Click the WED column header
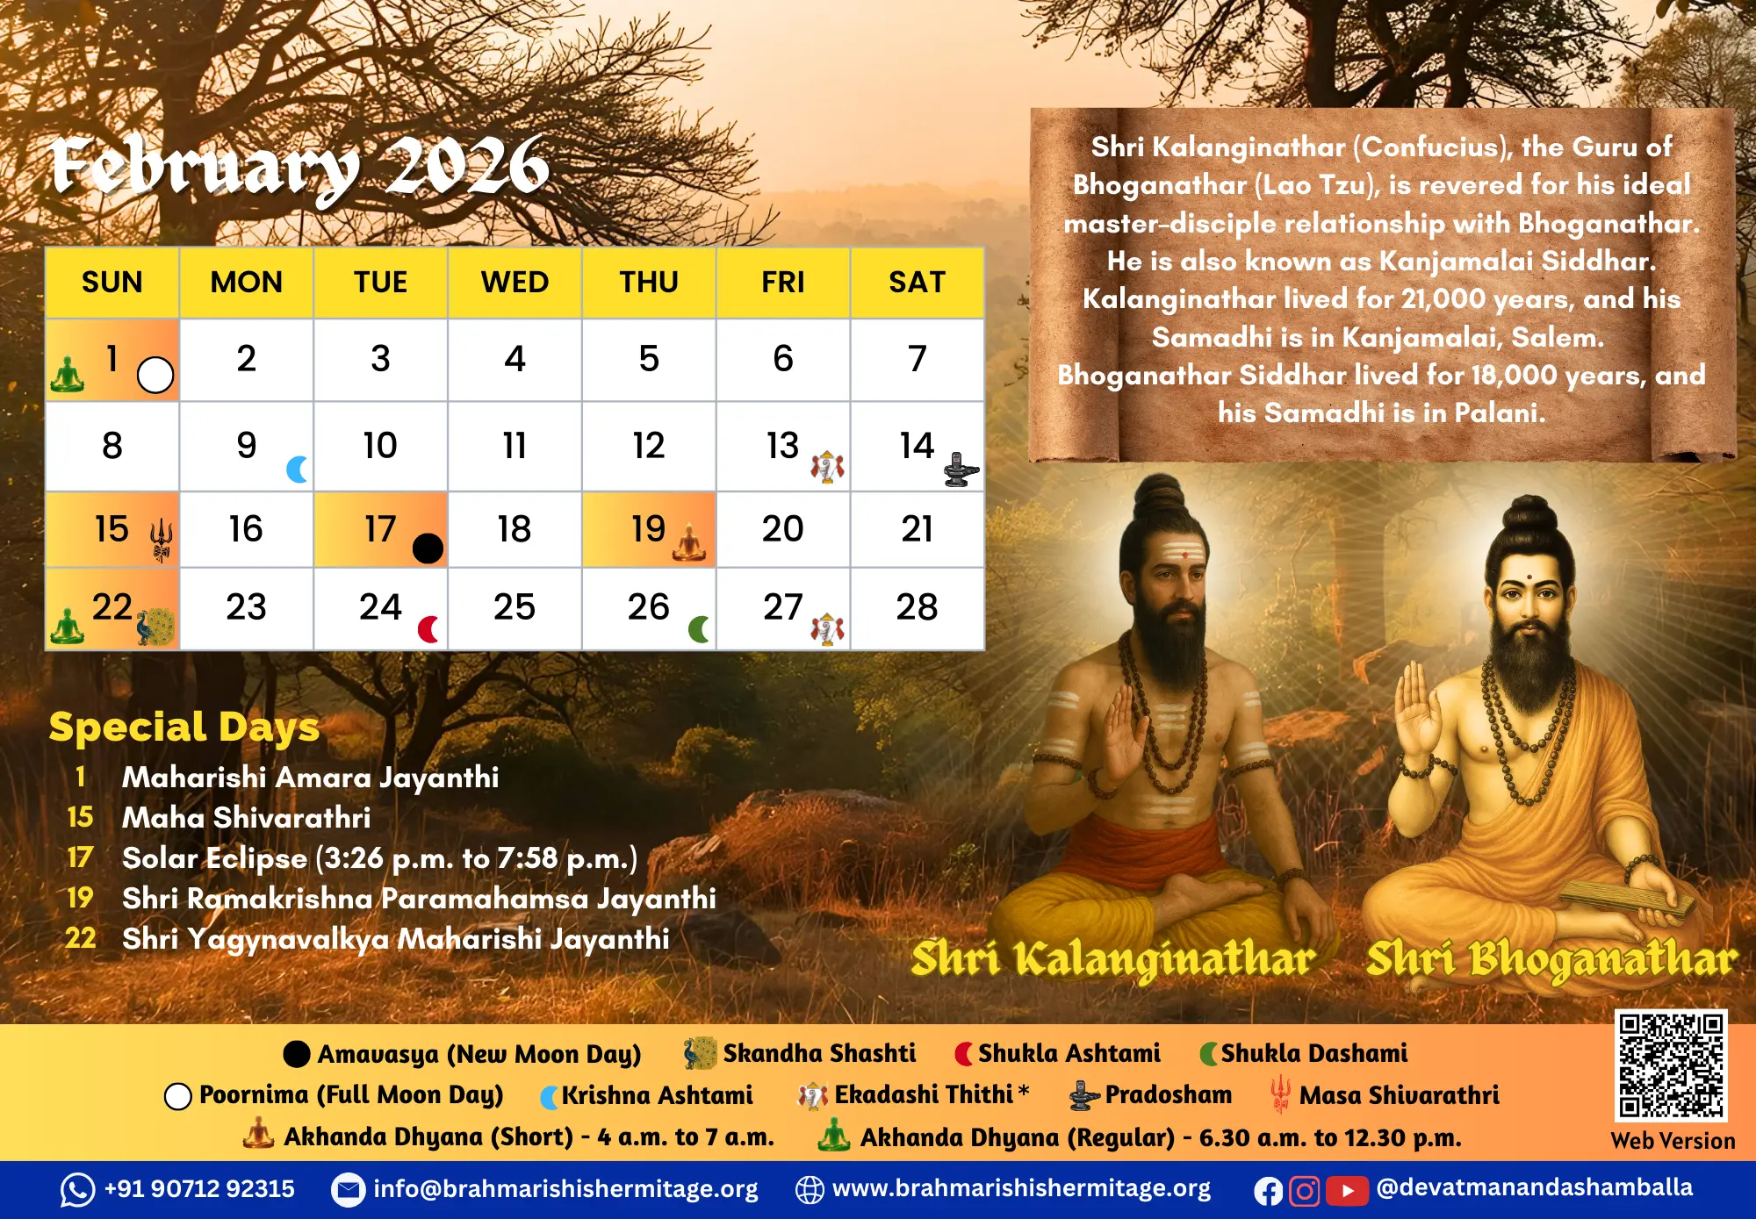tap(515, 283)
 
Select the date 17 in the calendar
tap(380, 529)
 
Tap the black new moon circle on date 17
tap(428, 549)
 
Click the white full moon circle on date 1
tap(155, 375)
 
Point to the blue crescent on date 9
tap(298, 470)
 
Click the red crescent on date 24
tap(428, 629)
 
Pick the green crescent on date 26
tap(699, 629)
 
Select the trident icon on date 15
tap(162, 538)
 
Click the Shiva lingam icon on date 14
tap(961, 470)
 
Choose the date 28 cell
tap(917, 608)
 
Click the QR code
tap(1672, 1065)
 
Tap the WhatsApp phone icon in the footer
tap(77, 1190)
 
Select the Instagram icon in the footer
tap(1305, 1191)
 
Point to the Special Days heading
tap(184, 728)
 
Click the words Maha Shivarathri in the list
tap(247, 818)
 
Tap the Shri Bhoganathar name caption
tap(1551, 959)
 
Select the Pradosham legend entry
tap(1151, 1095)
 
